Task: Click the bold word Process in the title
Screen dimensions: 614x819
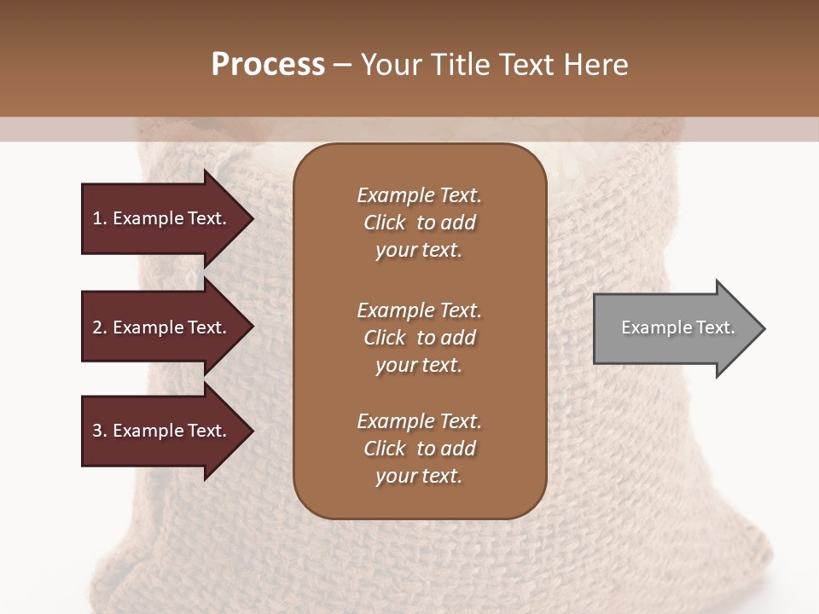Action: pyautogui.click(x=268, y=65)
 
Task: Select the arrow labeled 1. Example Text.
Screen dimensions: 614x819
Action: pyautogui.click(x=162, y=218)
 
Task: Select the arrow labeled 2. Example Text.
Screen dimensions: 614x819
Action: pyautogui.click(x=162, y=327)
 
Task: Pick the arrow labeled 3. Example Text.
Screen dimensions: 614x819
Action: pyautogui.click(x=162, y=431)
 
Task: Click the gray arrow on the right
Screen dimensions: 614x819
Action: pyautogui.click(x=674, y=328)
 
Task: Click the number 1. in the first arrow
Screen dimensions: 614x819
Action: pyautogui.click(x=100, y=218)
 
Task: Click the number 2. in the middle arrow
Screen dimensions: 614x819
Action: pyautogui.click(x=100, y=327)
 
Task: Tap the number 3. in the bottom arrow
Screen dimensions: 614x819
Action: pyautogui.click(x=100, y=431)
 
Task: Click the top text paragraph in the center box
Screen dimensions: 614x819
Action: pyautogui.click(x=419, y=223)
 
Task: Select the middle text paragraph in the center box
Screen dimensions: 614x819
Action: pyautogui.click(x=419, y=337)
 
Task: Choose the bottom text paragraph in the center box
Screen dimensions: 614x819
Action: pyautogui.click(x=419, y=449)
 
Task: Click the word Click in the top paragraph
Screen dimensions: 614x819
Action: pyautogui.click(x=385, y=223)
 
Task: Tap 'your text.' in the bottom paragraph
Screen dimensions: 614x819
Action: pyautogui.click(x=419, y=477)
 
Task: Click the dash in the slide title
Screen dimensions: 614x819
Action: pyautogui.click(x=343, y=65)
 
